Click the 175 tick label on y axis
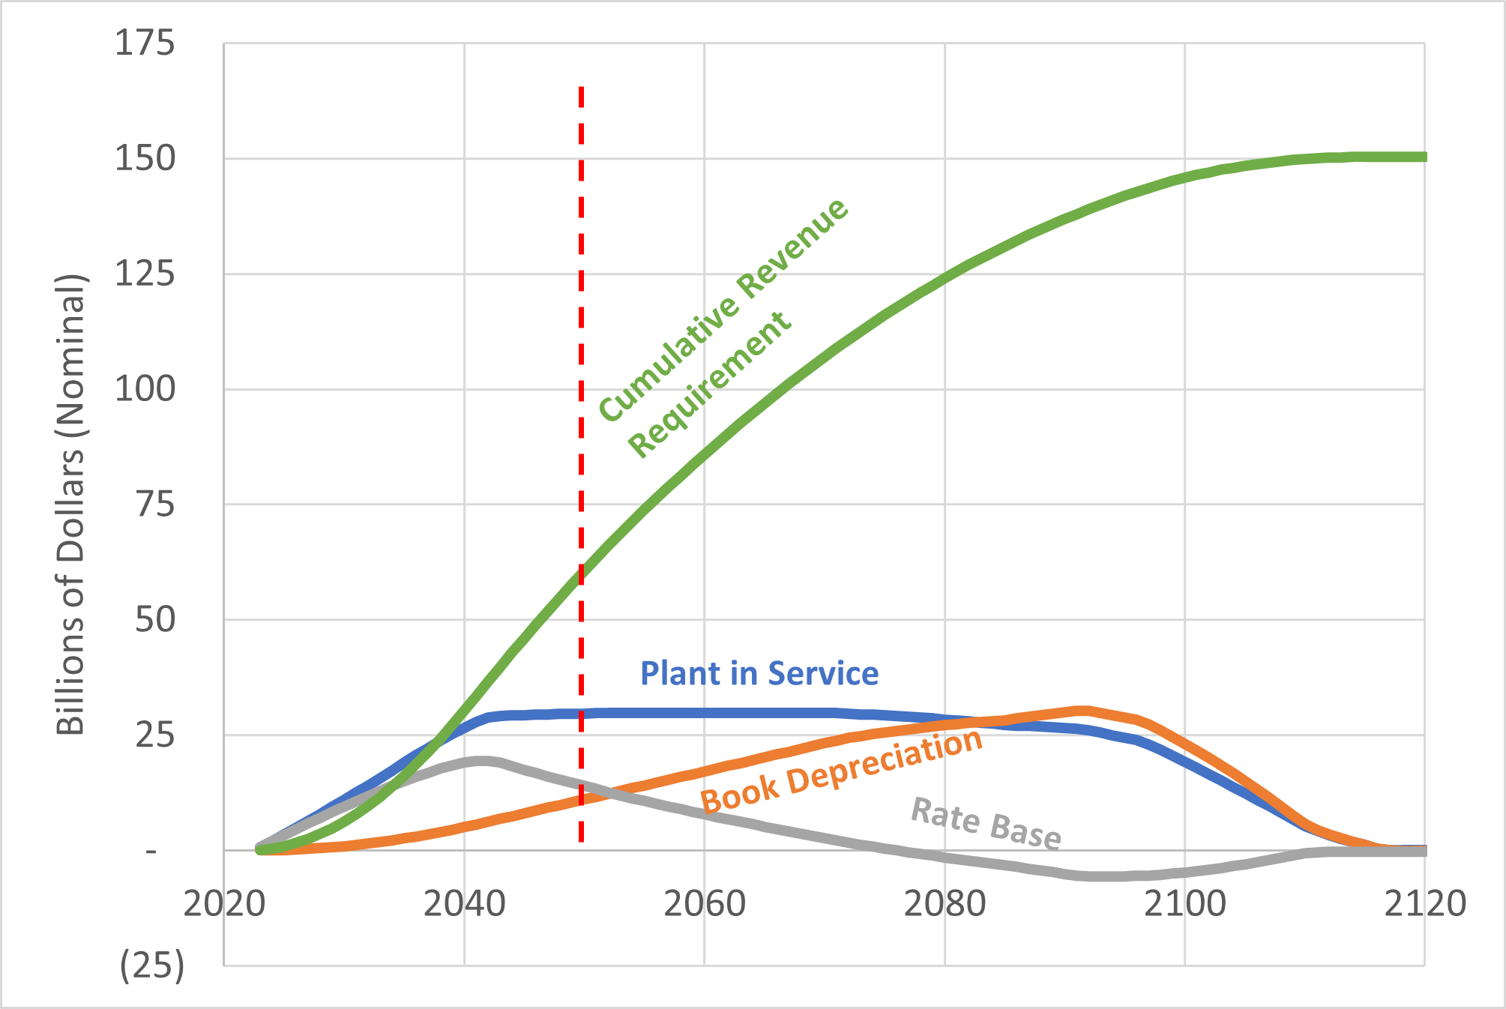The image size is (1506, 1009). pyautogui.click(x=144, y=43)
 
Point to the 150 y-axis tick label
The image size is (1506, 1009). pyautogui.click(x=144, y=159)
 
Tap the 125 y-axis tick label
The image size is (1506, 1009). pyautogui.click(x=144, y=274)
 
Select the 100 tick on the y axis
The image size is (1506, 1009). pyautogui.click(x=144, y=389)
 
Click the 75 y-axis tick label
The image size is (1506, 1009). pyautogui.click(x=154, y=504)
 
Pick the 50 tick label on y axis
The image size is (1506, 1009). pyautogui.click(x=154, y=620)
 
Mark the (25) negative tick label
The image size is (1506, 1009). pyautogui.click(x=152, y=966)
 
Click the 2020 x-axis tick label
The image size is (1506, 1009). pyautogui.click(x=224, y=904)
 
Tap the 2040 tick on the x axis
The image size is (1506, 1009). pyautogui.click(x=464, y=904)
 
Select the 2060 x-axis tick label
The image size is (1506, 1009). pyautogui.click(x=704, y=904)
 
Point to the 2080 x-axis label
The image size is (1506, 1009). pyautogui.click(x=945, y=904)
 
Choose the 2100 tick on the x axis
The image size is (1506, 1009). pyautogui.click(x=1184, y=904)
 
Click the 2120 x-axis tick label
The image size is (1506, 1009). pyautogui.click(x=1424, y=904)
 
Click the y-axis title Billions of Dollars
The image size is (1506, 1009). pyautogui.click(x=71, y=504)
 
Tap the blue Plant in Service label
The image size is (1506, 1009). pyautogui.click(x=759, y=673)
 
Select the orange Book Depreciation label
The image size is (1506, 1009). pyautogui.click(x=841, y=772)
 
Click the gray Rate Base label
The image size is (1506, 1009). pyautogui.click(x=985, y=824)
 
